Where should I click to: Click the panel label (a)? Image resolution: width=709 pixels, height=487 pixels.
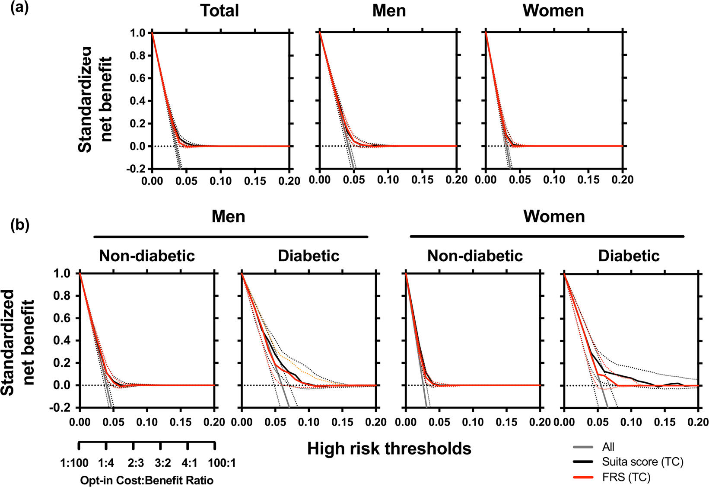(19, 8)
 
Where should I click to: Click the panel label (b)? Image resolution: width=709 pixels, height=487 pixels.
(19, 225)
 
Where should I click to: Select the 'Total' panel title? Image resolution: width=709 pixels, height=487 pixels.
(219, 11)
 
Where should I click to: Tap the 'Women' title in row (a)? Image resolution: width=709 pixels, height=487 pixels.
(553, 11)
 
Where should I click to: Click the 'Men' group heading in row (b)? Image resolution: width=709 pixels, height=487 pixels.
(228, 216)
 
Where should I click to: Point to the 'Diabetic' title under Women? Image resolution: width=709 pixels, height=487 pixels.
(629, 256)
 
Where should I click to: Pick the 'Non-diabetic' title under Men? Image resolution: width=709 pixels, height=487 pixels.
(147, 256)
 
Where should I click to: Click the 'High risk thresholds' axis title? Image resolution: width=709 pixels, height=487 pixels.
(389, 449)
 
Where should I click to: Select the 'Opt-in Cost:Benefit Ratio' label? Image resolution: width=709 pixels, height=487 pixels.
(147, 480)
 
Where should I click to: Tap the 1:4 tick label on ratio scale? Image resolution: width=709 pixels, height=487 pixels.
(106, 463)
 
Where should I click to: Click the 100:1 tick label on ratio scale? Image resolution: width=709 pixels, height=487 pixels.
(222, 463)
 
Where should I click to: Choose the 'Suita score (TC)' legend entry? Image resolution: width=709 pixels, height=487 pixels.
(642, 462)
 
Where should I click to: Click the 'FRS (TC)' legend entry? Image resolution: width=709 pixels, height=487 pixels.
(626, 477)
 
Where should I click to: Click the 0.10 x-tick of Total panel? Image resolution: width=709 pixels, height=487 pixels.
(220, 181)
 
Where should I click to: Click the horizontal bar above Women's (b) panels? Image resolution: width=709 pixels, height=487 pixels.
(547, 237)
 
